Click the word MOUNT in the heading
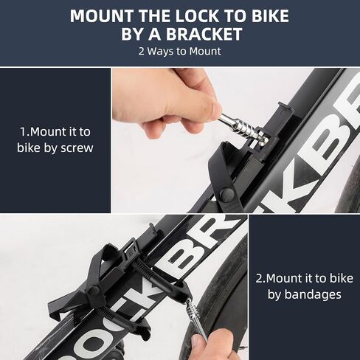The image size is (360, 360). tap(101, 16)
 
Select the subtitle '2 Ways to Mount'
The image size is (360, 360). tap(179, 52)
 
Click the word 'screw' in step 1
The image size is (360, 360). tap(76, 147)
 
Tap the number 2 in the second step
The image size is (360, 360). tap(260, 278)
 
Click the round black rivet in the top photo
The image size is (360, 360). tap(227, 195)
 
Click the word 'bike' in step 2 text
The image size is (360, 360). tap(338, 278)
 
